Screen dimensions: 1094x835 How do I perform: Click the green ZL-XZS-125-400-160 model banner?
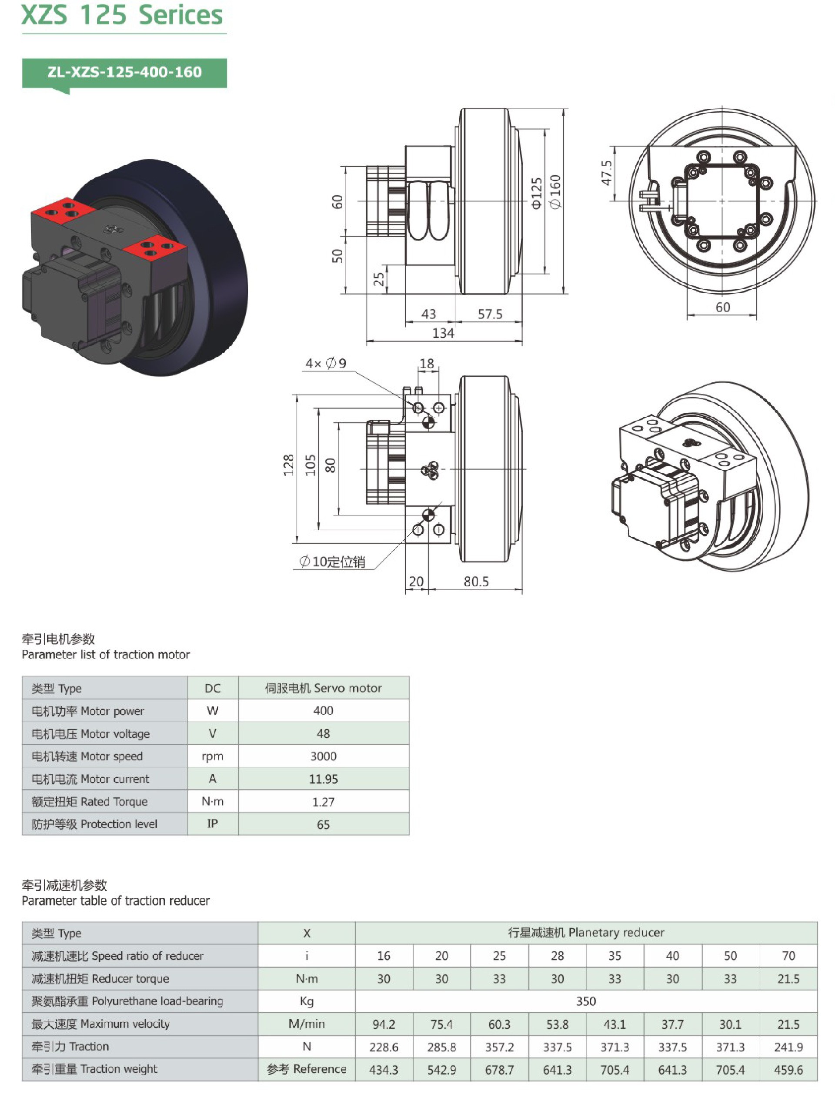click(x=124, y=73)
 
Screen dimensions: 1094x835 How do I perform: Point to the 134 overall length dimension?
click(x=443, y=333)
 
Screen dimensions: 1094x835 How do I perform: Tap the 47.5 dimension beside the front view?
click(x=606, y=173)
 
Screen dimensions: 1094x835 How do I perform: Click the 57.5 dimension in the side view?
click(x=490, y=314)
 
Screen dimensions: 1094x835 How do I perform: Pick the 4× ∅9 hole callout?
click(x=326, y=363)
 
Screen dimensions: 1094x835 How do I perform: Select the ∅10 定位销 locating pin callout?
click(x=332, y=562)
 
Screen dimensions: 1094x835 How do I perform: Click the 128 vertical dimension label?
click(x=289, y=466)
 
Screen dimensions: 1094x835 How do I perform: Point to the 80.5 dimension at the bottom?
click(x=476, y=581)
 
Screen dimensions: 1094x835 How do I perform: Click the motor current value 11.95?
click(x=323, y=779)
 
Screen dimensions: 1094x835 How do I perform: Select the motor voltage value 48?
click(x=323, y=734)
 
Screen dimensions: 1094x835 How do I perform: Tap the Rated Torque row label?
click(x=90, y=802)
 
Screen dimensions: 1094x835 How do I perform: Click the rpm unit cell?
click(x=212, y=756)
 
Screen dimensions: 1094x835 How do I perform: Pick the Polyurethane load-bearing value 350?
click(x=585, y=1001)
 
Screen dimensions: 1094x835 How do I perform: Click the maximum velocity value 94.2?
click(x=384, y=1024)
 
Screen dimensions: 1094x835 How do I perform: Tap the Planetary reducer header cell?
click(x=585, y=933)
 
